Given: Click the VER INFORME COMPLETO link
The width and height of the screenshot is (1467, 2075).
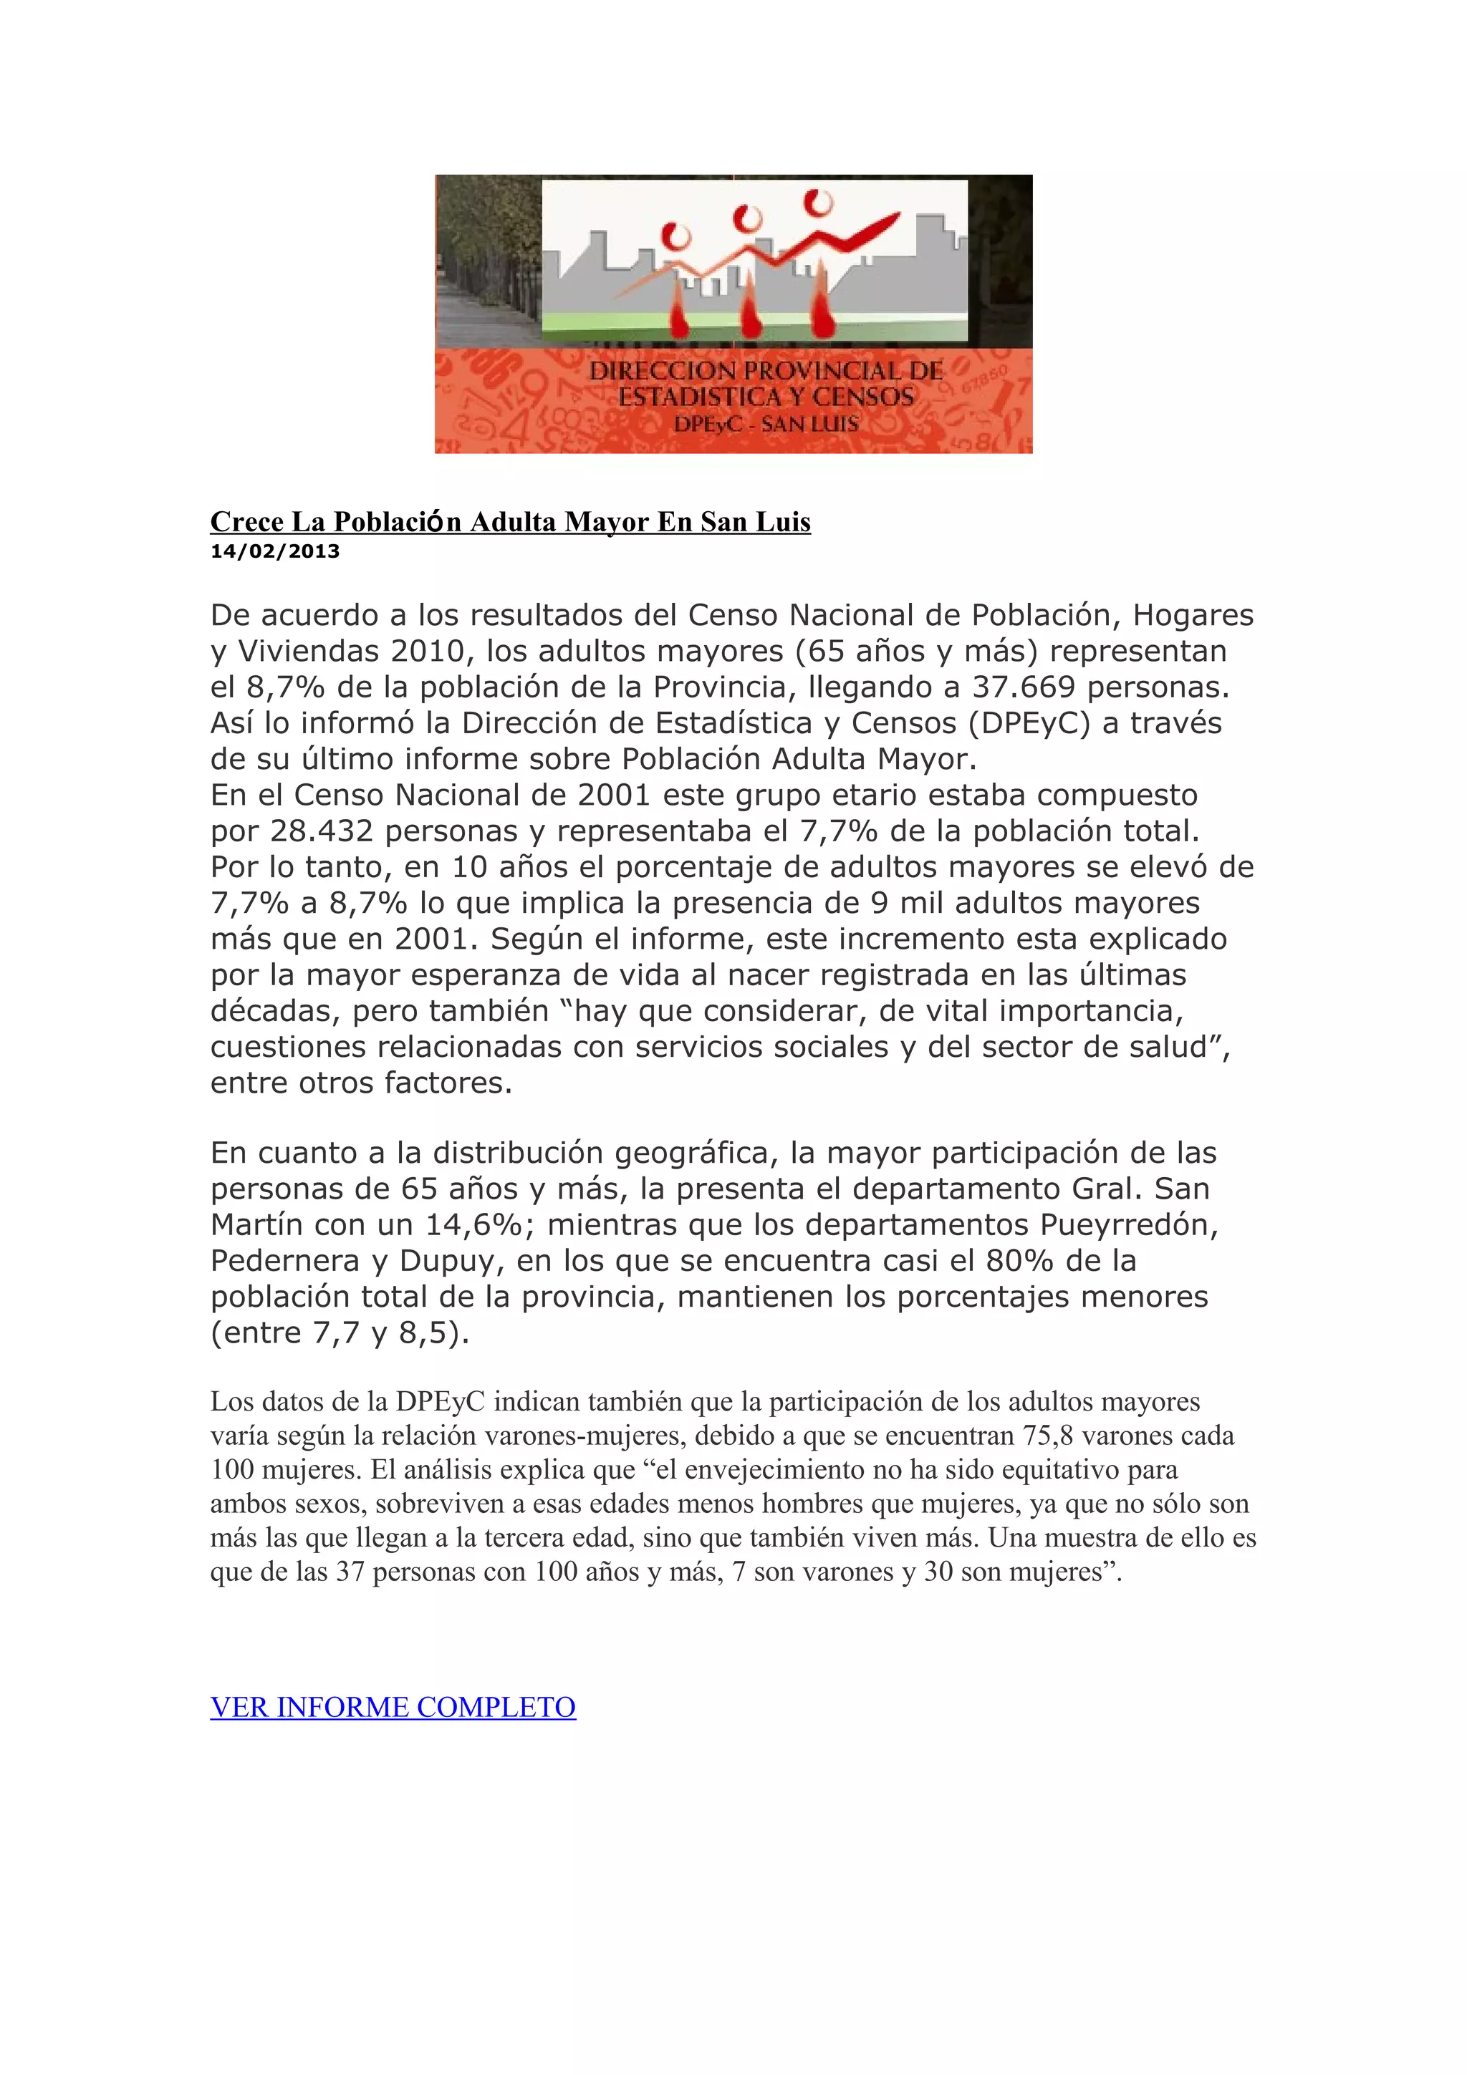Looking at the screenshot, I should (x=393, y=1707).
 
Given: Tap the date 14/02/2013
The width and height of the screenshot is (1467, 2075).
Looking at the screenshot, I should (x=275, y=551).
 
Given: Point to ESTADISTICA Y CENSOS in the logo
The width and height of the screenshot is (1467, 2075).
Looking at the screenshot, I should (x=766, y=396).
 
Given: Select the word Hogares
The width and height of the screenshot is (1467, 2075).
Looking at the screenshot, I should (x=1193, y=614).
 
